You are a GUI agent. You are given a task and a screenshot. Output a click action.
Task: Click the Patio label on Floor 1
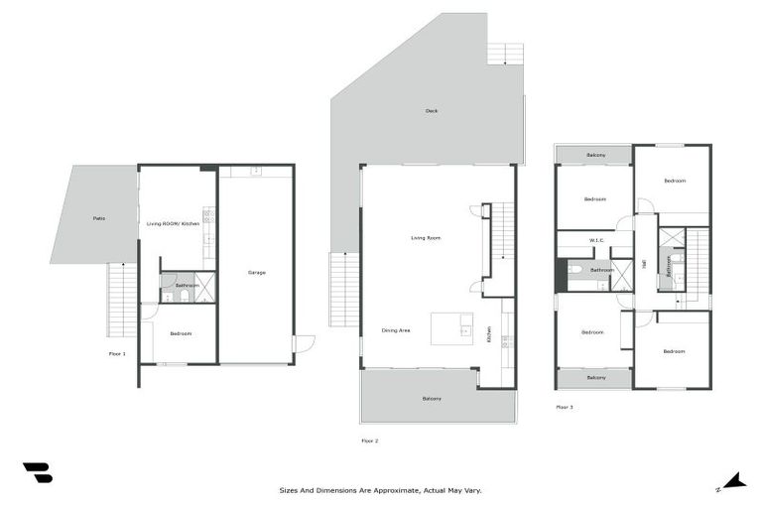click(99, 218)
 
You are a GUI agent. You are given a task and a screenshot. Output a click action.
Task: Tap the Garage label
click(256, 272)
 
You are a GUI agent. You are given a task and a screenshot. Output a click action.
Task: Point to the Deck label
click(432, 111)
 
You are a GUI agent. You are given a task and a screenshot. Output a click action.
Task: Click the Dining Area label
click(397, 329)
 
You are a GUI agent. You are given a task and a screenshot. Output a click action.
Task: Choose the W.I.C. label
click(596, 239)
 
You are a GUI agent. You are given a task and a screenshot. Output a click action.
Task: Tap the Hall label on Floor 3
click(645, 264)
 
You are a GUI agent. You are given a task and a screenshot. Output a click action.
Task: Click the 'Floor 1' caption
click(117, 353)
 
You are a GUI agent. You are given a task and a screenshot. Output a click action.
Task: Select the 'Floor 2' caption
click(370, 440)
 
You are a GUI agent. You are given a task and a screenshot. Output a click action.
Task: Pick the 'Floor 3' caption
click(565, 407)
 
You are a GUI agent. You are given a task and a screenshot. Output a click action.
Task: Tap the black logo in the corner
click(37, 473)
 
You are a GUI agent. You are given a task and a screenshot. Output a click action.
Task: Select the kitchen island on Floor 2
click(451, 328)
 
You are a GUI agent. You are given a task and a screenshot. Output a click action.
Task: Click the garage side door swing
click(304, 343)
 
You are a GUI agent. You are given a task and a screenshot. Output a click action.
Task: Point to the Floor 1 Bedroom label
click(180, 333)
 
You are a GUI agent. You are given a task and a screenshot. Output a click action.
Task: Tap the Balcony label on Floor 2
click(432, 398)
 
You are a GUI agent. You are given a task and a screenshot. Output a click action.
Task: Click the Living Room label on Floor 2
click(426, 238)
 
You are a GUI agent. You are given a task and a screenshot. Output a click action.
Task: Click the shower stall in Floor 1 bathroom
click(205, 288)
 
